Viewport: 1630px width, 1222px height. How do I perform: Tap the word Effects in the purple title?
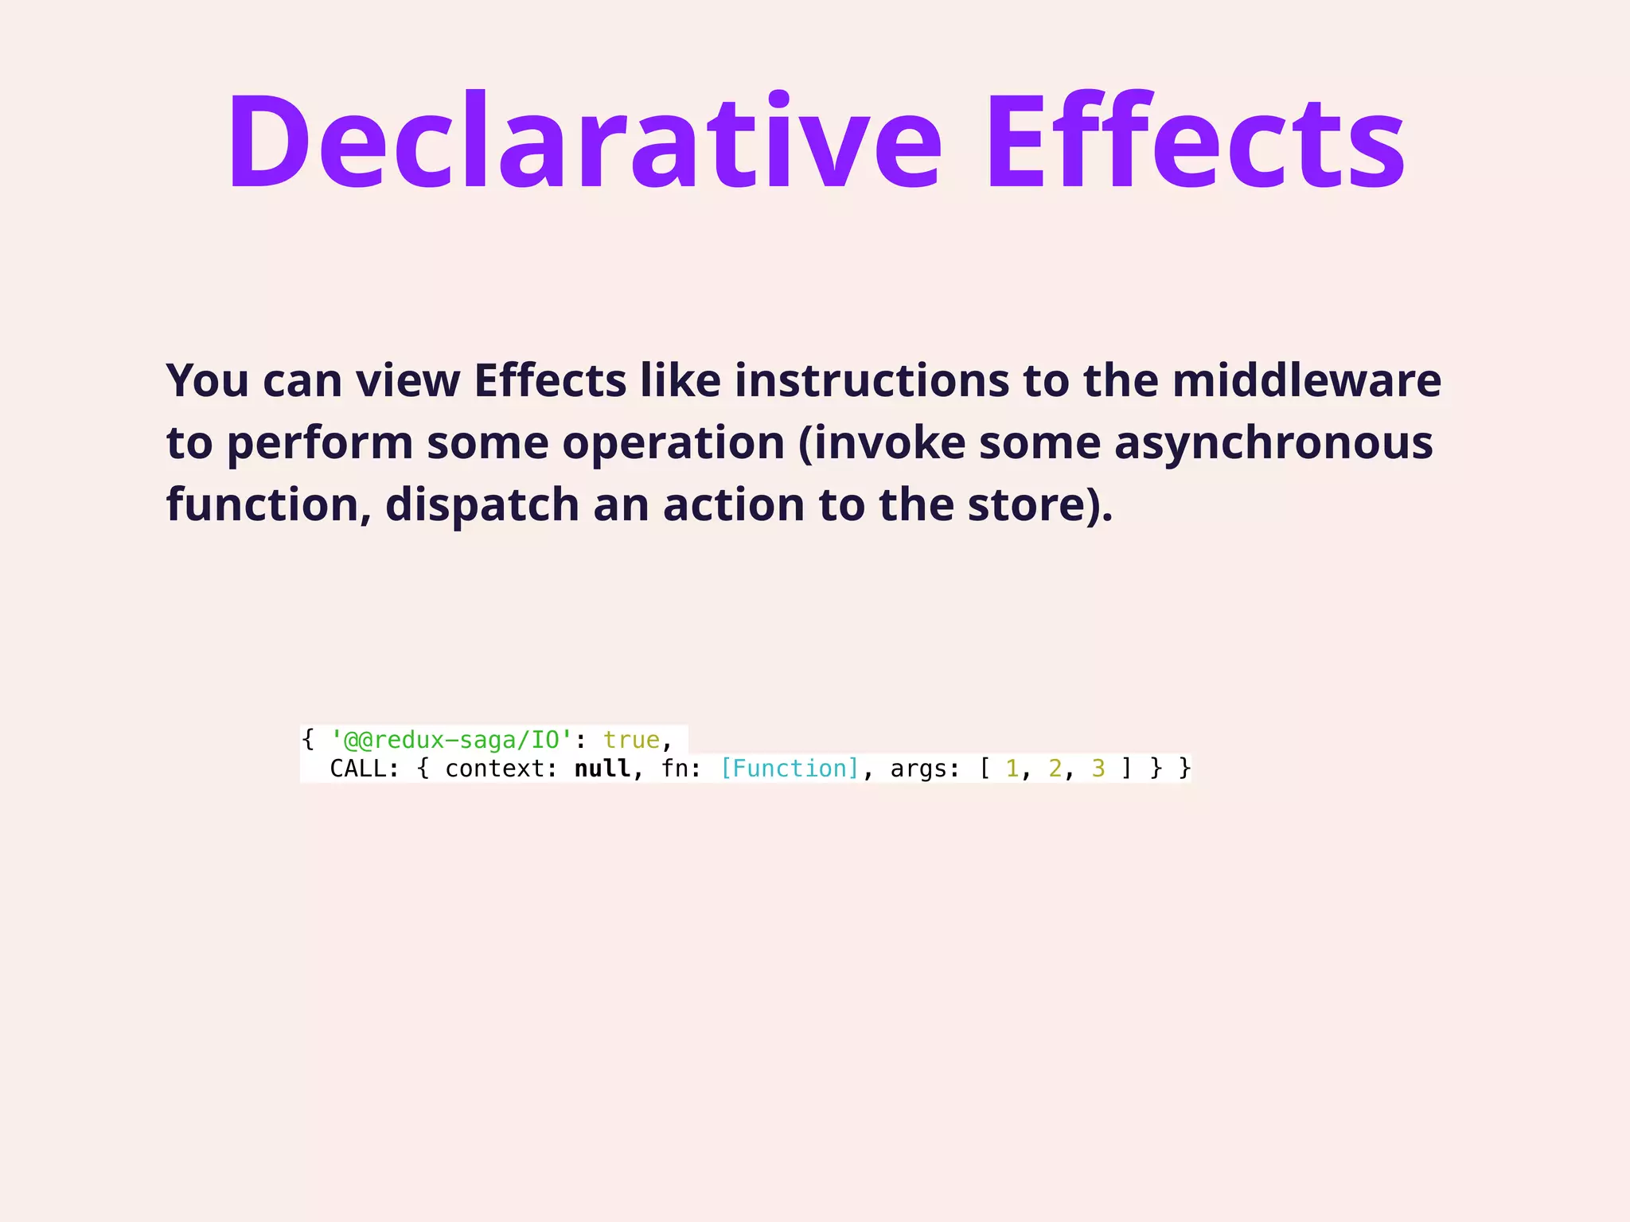point(1196,143)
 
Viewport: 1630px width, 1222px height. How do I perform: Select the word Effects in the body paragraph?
point(550,380)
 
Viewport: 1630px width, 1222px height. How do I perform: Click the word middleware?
point(1306,380)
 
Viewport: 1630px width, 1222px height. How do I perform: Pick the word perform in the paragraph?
point(320,443)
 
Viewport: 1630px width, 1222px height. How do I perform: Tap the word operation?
point(673,443)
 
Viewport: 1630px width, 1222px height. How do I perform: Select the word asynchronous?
point(1273,443)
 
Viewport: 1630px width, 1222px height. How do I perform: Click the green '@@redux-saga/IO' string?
point(451,741)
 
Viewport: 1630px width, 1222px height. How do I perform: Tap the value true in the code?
point(631,741)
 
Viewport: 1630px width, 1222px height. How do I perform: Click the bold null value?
point(602,769)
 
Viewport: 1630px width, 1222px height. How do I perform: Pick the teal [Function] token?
point(790,769)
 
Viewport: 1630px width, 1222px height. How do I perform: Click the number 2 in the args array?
point(1055,769)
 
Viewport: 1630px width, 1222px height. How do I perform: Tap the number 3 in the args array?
point(1098,769)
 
